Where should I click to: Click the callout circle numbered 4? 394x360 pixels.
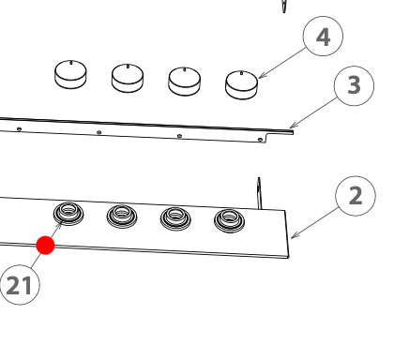[x=323, y=37]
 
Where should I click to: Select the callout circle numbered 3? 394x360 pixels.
[x=354, y=85]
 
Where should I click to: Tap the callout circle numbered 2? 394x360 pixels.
[x=356, y=196]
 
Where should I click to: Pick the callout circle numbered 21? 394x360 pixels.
[x=20, y=285]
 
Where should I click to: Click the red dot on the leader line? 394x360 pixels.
[x=45, y=246]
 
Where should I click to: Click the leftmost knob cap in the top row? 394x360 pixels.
[x=70, y=74]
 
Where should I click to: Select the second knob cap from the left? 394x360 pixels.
[x=128, y=78]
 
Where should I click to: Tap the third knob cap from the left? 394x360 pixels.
[x=185, y=82]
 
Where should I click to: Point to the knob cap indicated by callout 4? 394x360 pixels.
[x=241, y=85]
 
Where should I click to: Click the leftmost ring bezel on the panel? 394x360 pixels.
[x=68, y=214]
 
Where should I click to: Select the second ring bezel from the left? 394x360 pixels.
[x=122, y=217]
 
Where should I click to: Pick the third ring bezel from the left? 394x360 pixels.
[x=175, y=218]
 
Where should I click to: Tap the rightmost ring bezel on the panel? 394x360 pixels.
[x=230, y=221]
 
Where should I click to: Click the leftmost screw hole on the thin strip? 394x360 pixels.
[x=19, y=128]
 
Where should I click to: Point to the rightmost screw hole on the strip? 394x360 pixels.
[x=260, y=140]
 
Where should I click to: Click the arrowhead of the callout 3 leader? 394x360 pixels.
[x=293, y=126]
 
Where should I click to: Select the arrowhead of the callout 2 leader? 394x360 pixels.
[x=294, y=235]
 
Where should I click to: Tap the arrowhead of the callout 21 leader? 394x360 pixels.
[x=58, y=226]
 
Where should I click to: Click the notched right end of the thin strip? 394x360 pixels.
[x=280, y=135]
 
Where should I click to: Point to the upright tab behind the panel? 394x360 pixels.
[x=259, y=193]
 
